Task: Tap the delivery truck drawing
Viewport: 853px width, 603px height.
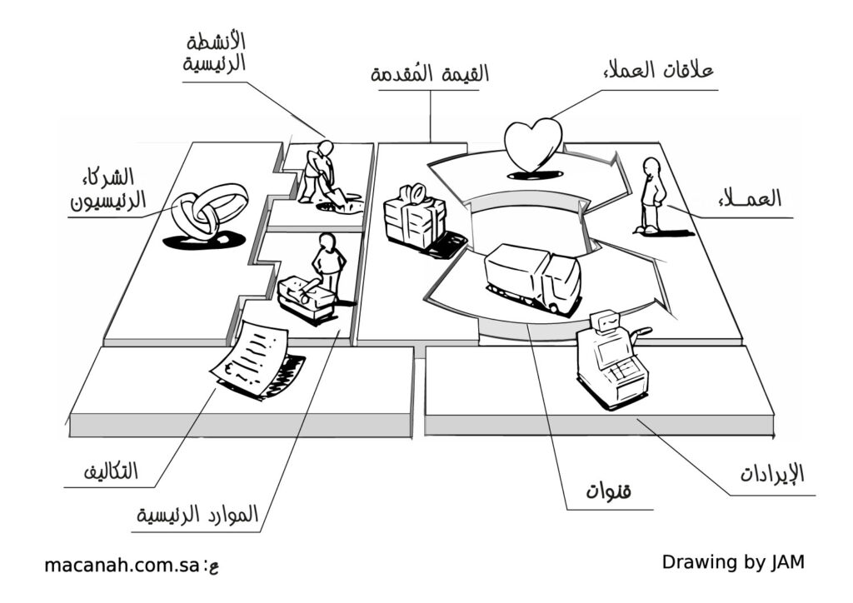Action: click(x=534, y=277)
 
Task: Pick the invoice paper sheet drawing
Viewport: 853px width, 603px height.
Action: click(x=252, y=358)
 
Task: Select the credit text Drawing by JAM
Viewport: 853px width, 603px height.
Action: click(x=733, y=561)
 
